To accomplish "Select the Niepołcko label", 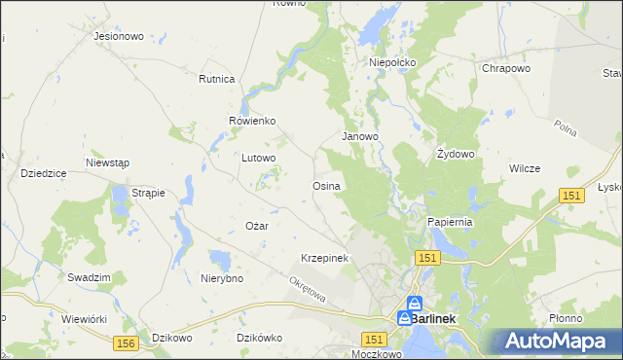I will click(x=392, y=62).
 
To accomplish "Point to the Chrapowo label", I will click(x=506, y=69).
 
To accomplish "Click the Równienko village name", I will click(x=253, y=121).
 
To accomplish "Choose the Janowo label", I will click(x=359, y=137).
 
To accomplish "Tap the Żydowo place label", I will click(x=455, y=154).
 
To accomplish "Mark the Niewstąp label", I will click(x=107, y=162).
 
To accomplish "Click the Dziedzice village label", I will click(x=43, y=173).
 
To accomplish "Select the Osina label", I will click(x=325, y=186).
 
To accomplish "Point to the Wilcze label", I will click(x=525, y=168).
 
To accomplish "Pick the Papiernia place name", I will click(x=450, y=222).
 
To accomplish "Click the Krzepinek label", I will click(x=324, y=258).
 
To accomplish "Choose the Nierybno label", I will click(x=221, y=278).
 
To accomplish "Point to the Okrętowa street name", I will click(x=310, y=289).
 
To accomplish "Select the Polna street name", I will click(x=567, y=128).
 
